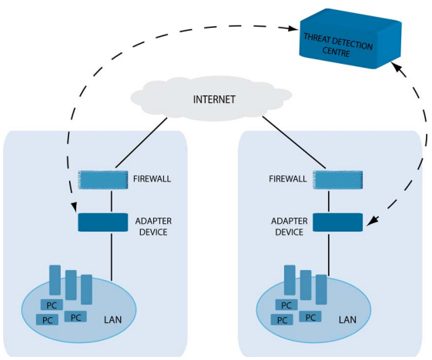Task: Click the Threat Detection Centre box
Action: tap(350, 38)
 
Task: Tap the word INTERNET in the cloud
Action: tap(214, 99)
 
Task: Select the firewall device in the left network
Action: tap(103, 180)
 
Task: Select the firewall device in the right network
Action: tap(337, 180)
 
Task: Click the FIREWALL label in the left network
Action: tap(152, 179)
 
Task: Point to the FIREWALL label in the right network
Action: tap(288, 179)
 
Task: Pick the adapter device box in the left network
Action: tap(103, 222)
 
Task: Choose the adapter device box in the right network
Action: tap(337, 222)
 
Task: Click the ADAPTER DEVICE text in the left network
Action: tap(153, 226)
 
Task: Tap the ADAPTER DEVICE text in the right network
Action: tap(290, 226)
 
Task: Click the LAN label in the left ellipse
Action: tap(112, 320)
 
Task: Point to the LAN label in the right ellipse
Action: tap(347, 320)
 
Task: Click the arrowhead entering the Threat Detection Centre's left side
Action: tap(293, 28)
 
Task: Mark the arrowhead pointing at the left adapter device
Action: tap(74, 207)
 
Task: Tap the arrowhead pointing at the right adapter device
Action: tap(373, 221)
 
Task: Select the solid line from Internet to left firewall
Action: tap(142, 142)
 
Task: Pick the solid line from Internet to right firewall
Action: tap(294, 142)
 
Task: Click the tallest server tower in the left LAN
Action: tap(55, 280)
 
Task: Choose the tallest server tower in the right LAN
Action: tap(290, 280)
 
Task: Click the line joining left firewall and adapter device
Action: tap(112, 202)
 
